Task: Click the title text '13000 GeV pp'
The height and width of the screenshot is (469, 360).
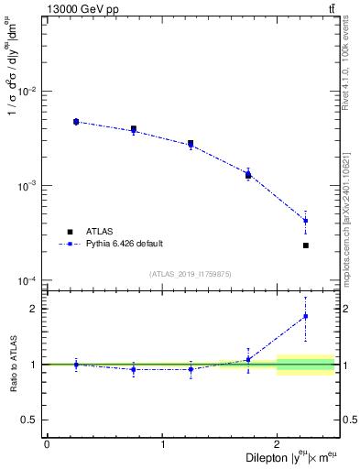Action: click(x=81, y=9)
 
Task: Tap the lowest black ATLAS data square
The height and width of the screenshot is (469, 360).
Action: click(x=306, y=245)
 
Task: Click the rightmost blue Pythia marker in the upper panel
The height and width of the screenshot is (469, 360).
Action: click(x=306, y=221)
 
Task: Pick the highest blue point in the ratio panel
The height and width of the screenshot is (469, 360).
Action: click(x=306, y=316)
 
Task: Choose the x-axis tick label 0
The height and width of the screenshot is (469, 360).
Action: click(x=47, y=444)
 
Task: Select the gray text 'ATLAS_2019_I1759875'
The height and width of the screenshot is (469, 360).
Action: click(x=191, y=274)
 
